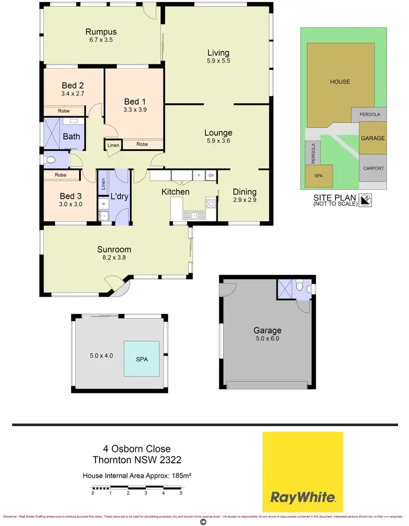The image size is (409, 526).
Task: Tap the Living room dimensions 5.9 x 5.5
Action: tap(218, 61)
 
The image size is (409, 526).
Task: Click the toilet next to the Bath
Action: tap(50, 160)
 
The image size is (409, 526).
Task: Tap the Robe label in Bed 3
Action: tap(61, 175)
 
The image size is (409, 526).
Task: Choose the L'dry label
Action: tap(119, 196)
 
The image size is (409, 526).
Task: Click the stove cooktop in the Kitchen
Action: tap(210, 203)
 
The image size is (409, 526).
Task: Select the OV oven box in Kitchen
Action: tap(211, 176)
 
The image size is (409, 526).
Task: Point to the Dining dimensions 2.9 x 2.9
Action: tap(244, 200)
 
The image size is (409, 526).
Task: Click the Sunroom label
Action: tap(114, 250)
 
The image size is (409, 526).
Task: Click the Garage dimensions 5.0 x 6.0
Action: tap(267, 338)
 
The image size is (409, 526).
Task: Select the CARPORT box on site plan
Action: tap(373, 168)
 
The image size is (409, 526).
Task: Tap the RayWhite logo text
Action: tap(303, 497)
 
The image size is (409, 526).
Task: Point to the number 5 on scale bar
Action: tap(181, 493)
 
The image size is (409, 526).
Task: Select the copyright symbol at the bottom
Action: tap(203, 522)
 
